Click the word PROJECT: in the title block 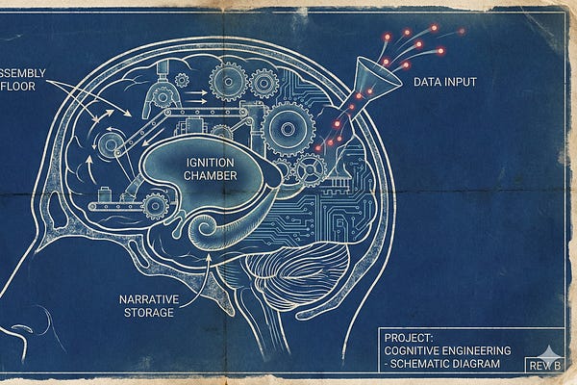coord(408,339)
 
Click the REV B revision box coord(541,365)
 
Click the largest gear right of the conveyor coord(288,127)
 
